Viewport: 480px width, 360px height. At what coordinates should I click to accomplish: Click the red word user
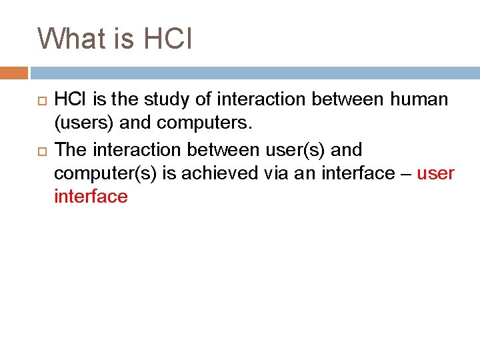pos(435,173)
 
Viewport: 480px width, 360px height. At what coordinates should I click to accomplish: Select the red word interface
pos(91,197)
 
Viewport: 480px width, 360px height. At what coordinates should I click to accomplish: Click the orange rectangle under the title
pos(13,73)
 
